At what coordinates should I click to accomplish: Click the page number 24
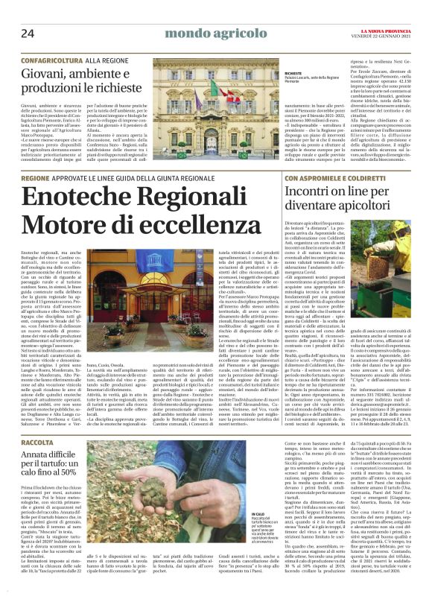pyautogui.click(x=28, y=33)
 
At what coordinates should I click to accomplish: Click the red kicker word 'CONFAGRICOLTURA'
pyautogui.click(x=51, y=57)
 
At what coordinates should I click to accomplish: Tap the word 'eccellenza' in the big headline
pyautogui.click(x=192, y=224)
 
